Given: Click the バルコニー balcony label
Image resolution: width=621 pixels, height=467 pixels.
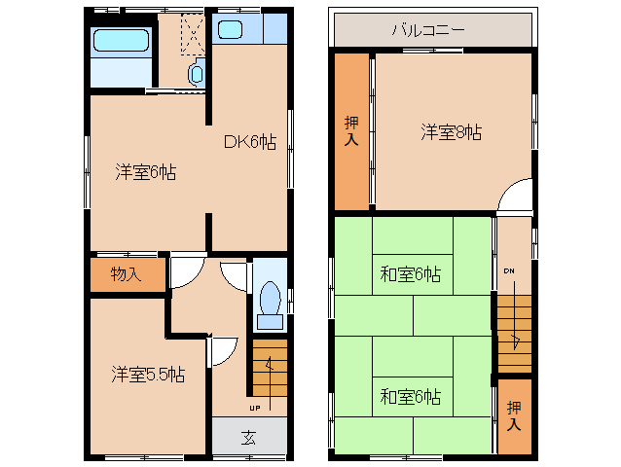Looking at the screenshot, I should (427, 29).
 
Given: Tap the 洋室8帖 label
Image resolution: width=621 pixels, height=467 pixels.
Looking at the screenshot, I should (452, 132).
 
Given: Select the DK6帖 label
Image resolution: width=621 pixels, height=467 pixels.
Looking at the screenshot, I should (250, 143).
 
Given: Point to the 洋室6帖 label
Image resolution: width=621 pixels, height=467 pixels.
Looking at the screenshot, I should (145, 173).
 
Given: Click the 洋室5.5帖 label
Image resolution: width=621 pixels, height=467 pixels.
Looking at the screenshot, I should (148, 374).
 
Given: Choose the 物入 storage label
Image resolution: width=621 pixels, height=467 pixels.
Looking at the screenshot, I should (126, 273).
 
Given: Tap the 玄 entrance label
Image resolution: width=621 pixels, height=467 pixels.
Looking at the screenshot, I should (249, 436).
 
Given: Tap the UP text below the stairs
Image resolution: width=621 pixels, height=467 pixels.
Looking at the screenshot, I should (255, 407).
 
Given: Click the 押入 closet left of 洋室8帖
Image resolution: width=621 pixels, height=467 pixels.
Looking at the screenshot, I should (351, 131).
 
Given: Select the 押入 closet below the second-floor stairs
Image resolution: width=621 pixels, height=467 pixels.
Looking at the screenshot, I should (514, 415).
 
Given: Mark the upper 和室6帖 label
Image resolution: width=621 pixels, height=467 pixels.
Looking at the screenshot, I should (410, 274).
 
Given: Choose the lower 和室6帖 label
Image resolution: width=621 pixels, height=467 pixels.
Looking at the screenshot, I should (410, 396).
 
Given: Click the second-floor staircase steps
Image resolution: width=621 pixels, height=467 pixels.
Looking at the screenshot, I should (514, 331).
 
